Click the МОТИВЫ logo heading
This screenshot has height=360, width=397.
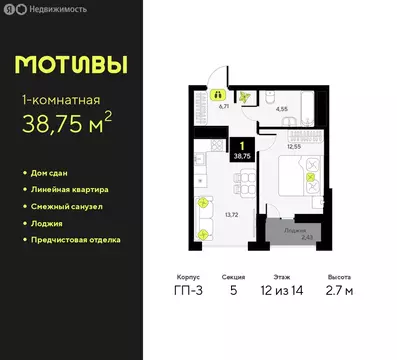coord(72,66)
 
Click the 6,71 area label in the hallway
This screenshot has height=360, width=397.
coord(224,104)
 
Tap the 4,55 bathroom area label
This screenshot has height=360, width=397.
coord(282,108)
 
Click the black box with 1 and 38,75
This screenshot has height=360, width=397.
coord(242,150)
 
